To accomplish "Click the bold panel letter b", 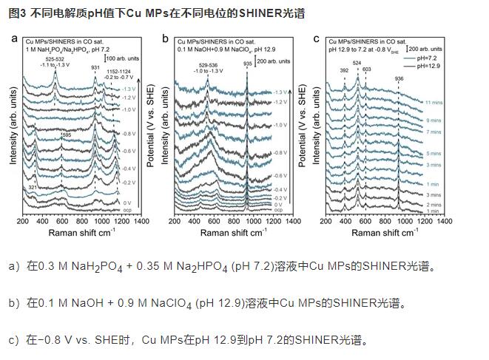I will (x=166, y=38).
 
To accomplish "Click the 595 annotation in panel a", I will (x=66, y=135).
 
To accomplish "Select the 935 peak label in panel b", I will (x=247, y=64).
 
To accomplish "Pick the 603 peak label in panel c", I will (x=367, y=69).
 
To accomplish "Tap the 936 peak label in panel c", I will (x=399, y=78).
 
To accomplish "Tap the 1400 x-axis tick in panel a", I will (x=142, y=221).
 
